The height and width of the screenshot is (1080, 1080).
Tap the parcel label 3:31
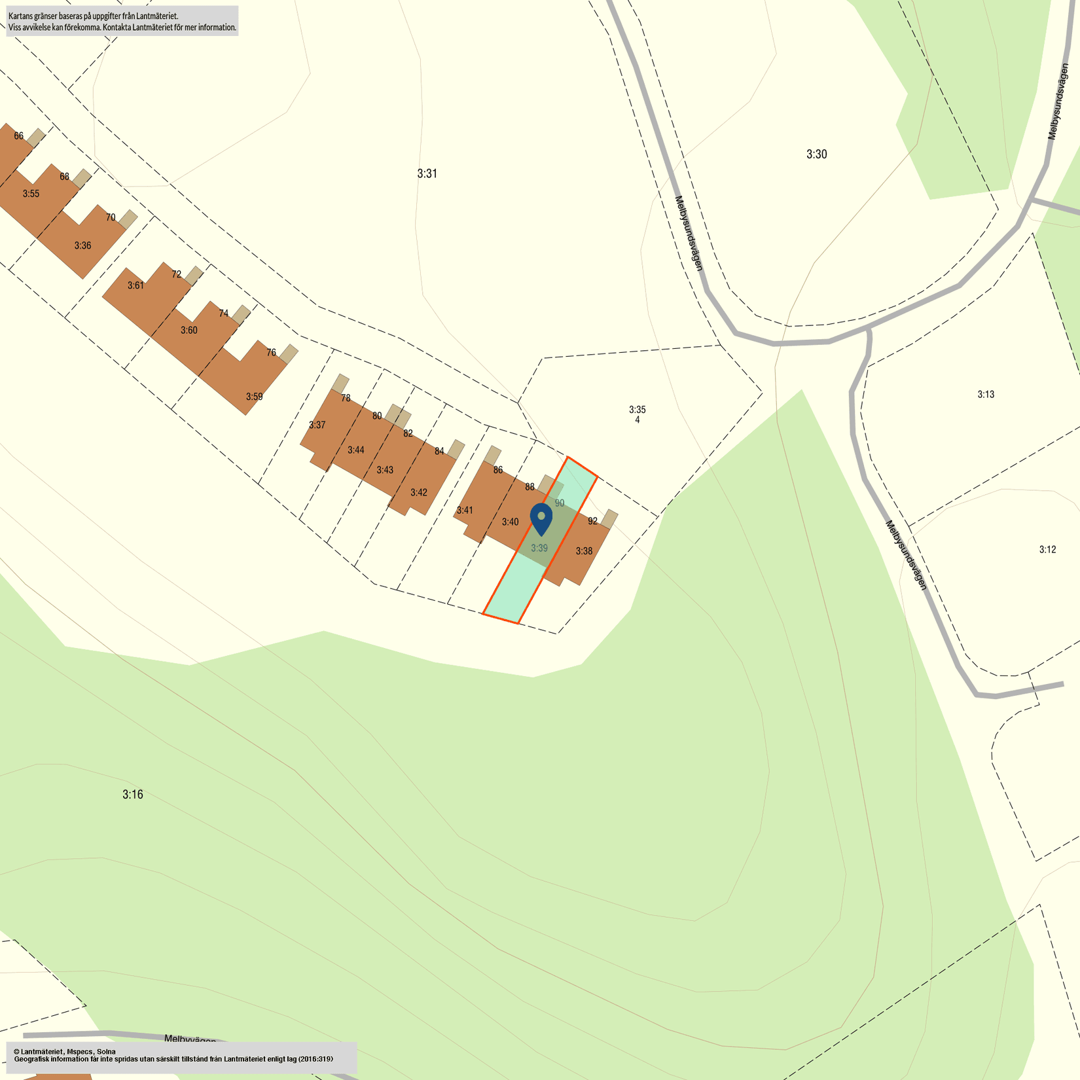click(x=427, y=173)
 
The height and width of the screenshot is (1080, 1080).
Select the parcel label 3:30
click(x=816, y=154)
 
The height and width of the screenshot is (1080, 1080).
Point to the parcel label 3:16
click(x=132, y=795)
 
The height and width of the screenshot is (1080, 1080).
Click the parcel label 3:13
click(x=986, y=394)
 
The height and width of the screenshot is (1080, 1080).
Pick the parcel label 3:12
click(x=1047, y=549)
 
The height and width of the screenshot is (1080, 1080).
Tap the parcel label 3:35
click(x=637, y=410)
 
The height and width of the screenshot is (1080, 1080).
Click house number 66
click(x=18, y=136)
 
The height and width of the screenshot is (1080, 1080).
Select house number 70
click(x=111, y=217)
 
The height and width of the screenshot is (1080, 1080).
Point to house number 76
click(x=272, y=352)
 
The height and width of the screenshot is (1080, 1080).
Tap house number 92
click(x=592, y=521)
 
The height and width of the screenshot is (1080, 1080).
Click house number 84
click(x=439, y=451)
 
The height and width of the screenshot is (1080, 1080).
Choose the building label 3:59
click(x=254, y=397)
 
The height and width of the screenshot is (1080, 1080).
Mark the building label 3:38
click(x=584, y=551)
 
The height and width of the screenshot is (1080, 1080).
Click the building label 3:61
click(x=135, y=285)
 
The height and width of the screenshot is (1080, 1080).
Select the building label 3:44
click(x=355, y=450)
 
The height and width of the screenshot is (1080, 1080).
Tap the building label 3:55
click(x=31, y=194)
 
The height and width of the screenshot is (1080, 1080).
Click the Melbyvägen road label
click(x=190, y=1039)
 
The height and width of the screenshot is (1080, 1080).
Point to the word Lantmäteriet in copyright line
click(x=44, y=1051)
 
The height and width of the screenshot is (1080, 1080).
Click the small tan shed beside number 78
click(x=340, y=383)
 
